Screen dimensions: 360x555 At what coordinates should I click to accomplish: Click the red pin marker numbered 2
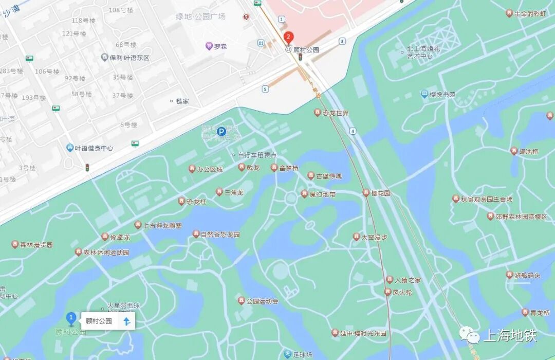click(289, 37)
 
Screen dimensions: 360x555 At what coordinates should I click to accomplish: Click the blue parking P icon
click(221, 132)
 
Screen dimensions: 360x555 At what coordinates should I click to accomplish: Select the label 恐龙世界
click(335, 113)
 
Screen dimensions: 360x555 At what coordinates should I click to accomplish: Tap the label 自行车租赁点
click(257, 155)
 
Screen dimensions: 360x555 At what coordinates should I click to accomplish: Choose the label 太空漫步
click(374, 237)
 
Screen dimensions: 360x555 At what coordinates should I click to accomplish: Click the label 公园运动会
click(262, 301)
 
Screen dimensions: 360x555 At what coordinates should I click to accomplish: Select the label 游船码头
click(527, 275)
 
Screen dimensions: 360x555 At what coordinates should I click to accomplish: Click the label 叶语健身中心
click(94, 148)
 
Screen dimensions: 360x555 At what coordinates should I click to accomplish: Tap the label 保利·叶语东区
click(129, 58)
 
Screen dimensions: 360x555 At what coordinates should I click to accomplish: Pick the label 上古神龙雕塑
click(162, 225)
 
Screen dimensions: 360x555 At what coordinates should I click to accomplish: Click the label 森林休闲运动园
click(106, 253)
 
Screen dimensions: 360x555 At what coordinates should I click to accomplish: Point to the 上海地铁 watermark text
click(510, 335)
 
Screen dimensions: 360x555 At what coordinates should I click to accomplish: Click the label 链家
click(182, 101)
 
